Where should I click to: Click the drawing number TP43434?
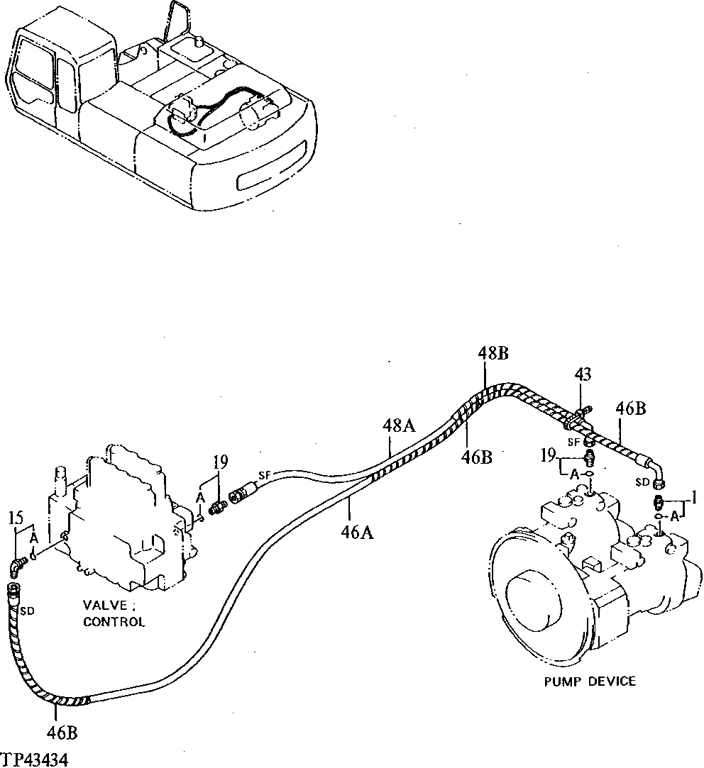point(35,759)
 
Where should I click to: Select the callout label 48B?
point(493,352)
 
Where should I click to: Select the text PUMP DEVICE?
point(590,681)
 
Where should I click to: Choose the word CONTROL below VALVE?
point(114,622)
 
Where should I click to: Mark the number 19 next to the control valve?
point(220,462)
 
